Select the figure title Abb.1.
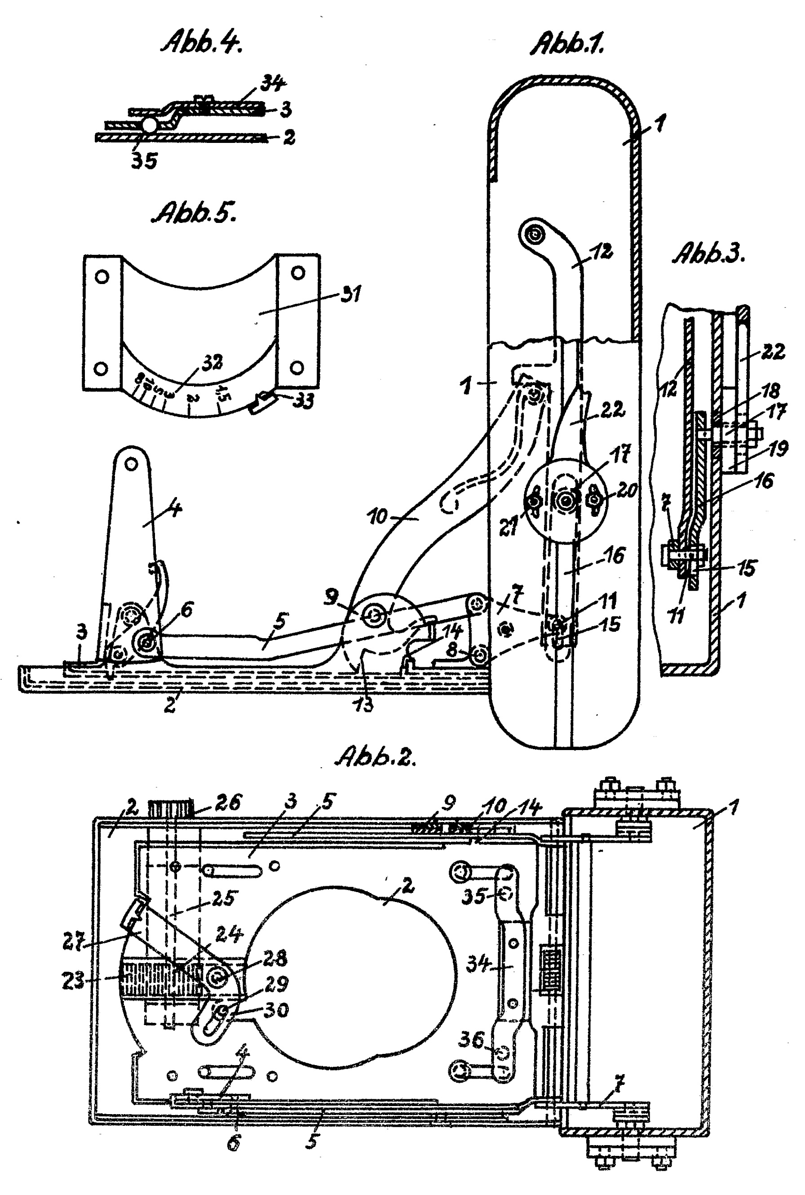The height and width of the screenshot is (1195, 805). click(x=567, y=43)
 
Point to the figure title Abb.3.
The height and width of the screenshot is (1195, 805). click(x=708, y=253)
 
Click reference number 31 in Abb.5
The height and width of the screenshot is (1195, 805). click(x=351, y=294)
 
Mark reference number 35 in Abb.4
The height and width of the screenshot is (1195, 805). click(x=144, y=161)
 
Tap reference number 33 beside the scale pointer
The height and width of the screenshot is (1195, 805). click(x=303, y=401)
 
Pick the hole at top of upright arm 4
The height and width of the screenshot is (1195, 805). click(x=132, y=464)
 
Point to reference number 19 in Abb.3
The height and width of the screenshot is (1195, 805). click(x=778, y=449)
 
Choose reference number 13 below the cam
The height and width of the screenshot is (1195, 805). click(x=363, y=704)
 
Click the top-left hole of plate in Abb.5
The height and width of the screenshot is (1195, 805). click(x=102, y=277)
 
